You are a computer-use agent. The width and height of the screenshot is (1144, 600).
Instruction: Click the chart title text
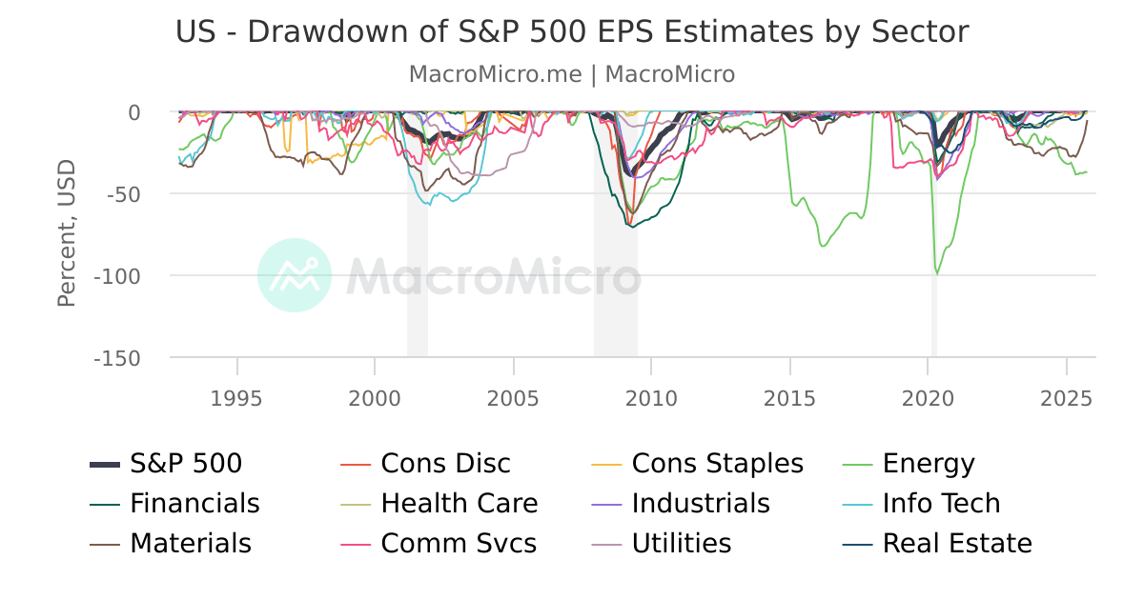click(x=572, y=31)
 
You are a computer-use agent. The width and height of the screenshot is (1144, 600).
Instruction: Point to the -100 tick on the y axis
click(x=116, y=276)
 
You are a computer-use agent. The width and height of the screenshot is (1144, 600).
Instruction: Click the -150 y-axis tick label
click(x=116, y=358)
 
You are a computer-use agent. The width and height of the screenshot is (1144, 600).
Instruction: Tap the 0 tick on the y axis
click(x=133, y=112)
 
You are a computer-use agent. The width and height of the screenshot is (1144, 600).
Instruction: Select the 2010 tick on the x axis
click(x=652, y=397)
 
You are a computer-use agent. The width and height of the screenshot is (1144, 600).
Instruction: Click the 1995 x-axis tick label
click(x=237, y=397)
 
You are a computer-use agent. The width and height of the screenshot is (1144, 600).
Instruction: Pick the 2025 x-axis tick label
click(x=1067, y=397)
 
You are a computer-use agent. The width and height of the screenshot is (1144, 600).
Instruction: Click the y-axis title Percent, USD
click(x=66, y=234)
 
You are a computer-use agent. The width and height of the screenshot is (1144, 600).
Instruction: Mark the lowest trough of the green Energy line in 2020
click(x=937, y=273)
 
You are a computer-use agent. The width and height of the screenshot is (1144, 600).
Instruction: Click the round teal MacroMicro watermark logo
click(x=295, y=275)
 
